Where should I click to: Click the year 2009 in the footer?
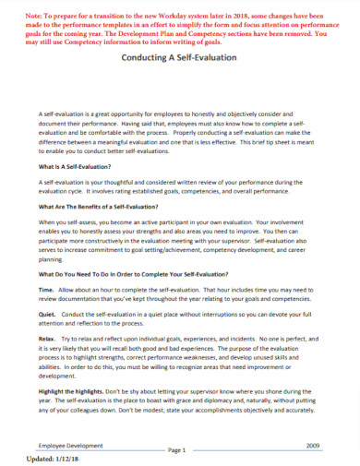[311, 444]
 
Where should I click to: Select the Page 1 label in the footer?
[177, 449]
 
